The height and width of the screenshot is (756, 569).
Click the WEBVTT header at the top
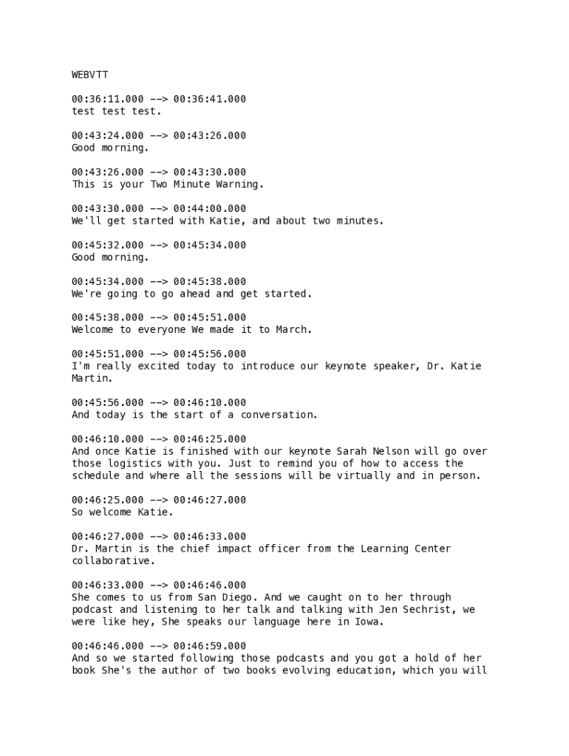click(90, 75)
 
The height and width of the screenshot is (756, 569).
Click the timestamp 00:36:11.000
click(108, 99)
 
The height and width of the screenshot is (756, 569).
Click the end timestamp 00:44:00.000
click(210, 209)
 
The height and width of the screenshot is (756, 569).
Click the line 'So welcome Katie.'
click(122, 512)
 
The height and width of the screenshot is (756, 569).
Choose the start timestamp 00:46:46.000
click(108, 646)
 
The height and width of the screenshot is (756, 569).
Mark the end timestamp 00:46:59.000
click(210, 646)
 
